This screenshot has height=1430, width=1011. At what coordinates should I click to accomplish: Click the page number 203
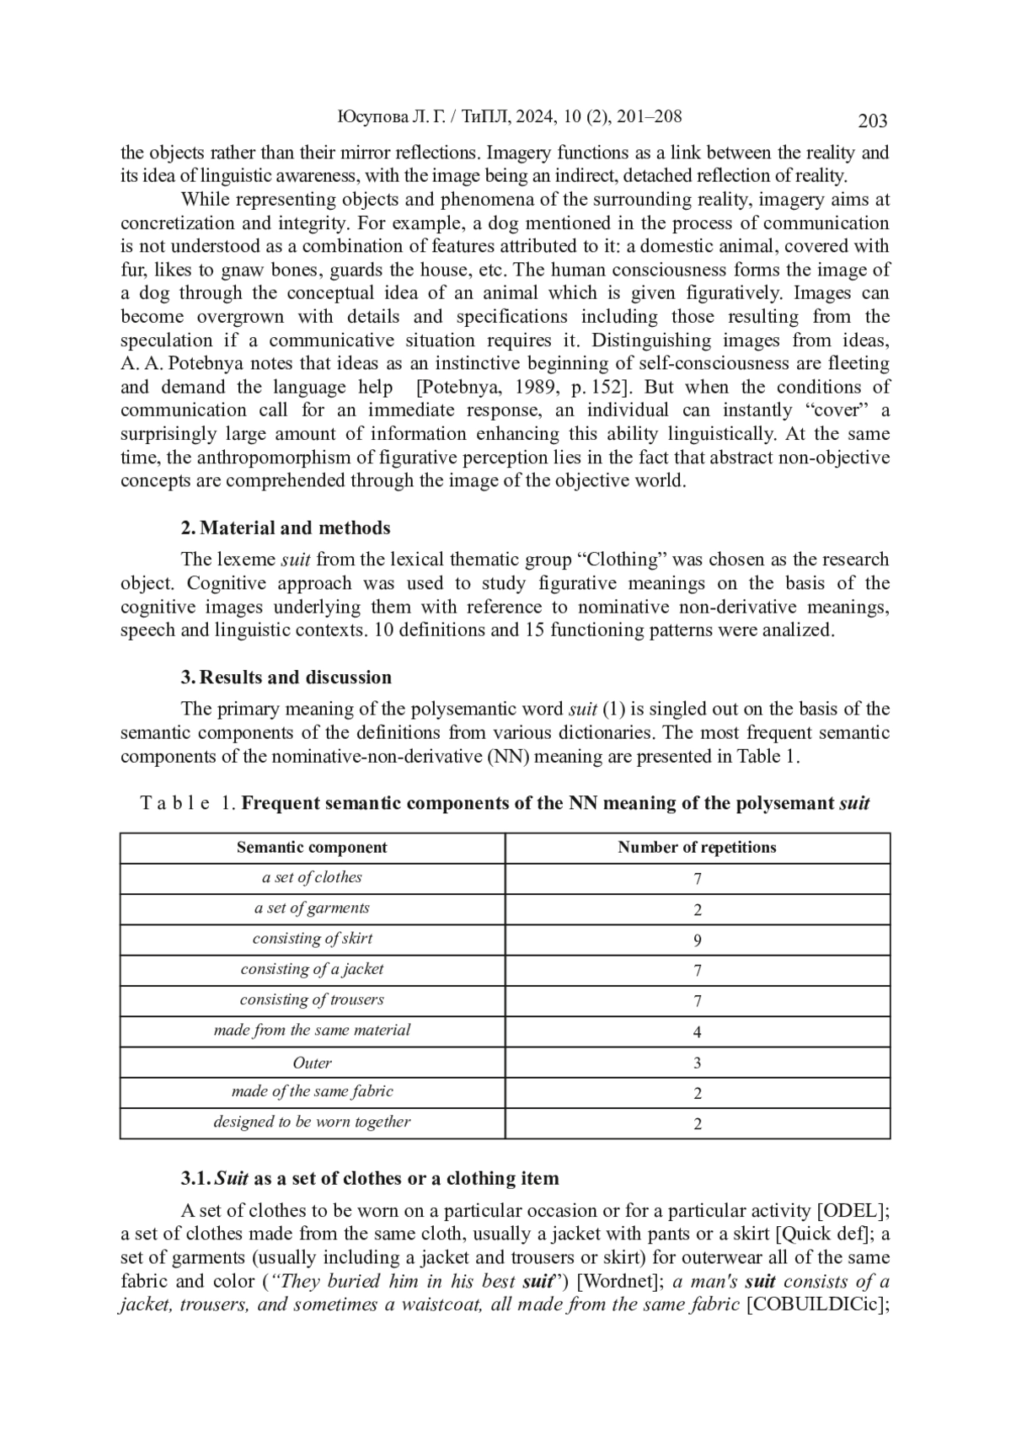pos(872,121)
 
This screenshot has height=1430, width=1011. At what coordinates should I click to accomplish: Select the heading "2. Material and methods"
pos(286,528)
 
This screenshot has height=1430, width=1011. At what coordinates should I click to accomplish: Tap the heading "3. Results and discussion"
pos(286,678)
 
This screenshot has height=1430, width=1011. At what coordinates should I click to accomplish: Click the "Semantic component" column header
pos(312,848)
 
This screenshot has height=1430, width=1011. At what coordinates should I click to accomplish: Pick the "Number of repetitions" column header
pos(697,848)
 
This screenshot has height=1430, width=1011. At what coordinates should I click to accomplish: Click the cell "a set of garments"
pos(312,908)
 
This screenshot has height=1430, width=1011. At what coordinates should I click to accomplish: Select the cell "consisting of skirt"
pos(312,939)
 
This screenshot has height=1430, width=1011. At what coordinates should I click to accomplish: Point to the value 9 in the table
pos(697,940)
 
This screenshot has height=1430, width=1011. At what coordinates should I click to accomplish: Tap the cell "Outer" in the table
pos(312,1063)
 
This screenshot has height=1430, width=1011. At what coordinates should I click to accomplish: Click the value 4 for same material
pos(697,1032)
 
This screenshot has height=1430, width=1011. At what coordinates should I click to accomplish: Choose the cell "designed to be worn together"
pos(312,1122)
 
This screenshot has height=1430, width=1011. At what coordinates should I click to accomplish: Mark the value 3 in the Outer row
pos(697,1063)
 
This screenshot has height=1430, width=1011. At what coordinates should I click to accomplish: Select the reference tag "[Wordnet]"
pos(618,1282)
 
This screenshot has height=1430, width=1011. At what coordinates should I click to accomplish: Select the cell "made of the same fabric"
pos(312,1092)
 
